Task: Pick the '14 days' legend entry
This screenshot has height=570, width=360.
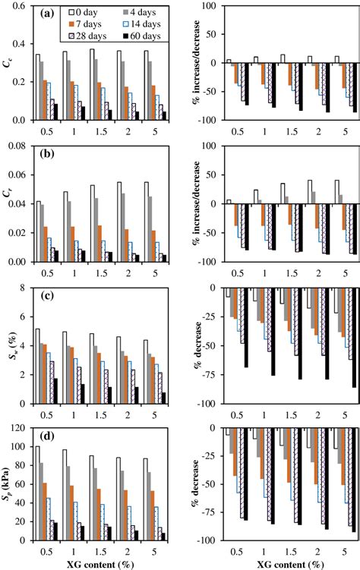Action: pyautogui.click(x=142, y=24)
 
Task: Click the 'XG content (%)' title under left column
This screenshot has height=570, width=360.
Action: pyautogui.click(x=102, y=563)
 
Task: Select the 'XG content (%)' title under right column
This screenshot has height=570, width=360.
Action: pyautogui.click(x=282, y=563)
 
